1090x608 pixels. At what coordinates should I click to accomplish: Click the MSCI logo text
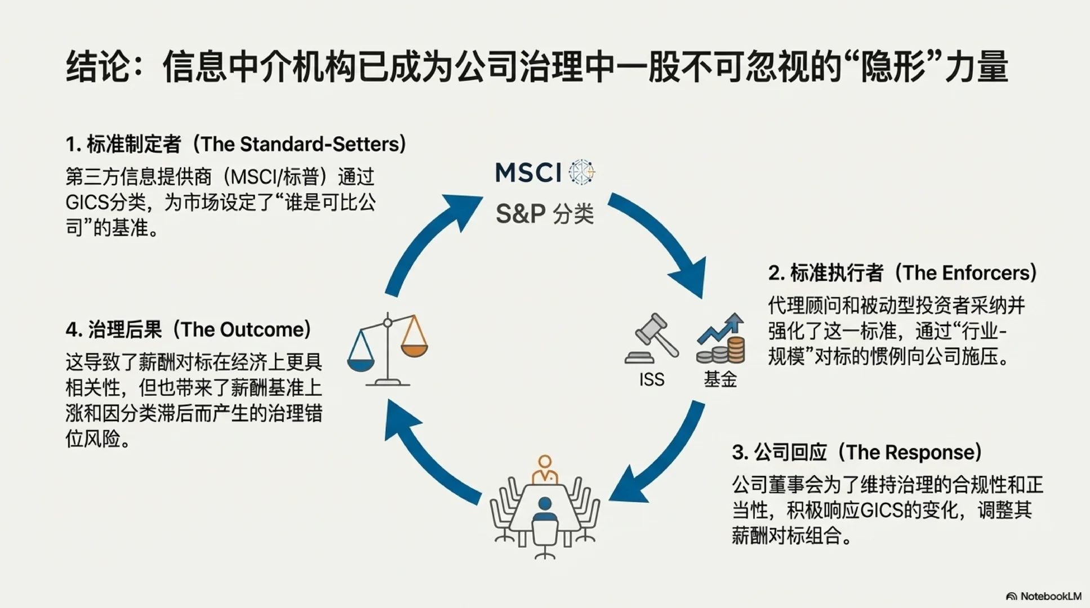click(528, 173)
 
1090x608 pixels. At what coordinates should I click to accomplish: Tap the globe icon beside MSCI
click(581, 172)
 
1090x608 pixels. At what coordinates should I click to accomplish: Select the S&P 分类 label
click(545, 214)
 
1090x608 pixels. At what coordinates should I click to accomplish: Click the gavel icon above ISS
click(652, 338)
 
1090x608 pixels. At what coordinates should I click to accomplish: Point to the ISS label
click(652, 379)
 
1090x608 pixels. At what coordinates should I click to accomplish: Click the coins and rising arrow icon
click(721, 339)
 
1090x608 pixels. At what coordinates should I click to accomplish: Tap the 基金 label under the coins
click(720, 379)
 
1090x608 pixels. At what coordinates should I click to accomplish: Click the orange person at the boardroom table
click(545, 470)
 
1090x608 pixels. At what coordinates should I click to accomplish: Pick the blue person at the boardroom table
click(545, 509)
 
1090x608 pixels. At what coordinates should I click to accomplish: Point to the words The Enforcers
click(966, 273)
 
